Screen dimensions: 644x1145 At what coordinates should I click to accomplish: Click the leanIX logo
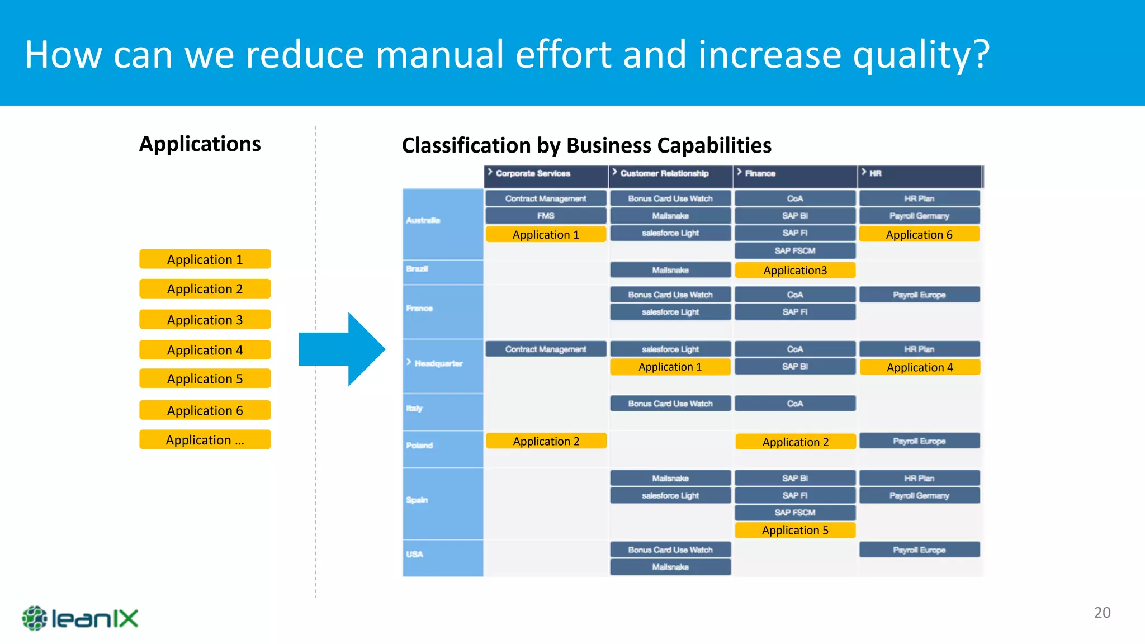80,618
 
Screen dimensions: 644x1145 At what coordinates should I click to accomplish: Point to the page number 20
1102,613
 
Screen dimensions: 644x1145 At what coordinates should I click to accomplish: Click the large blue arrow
342,349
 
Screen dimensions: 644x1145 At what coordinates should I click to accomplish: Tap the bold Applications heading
200,144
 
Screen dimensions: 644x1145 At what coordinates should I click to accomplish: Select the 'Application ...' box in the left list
205,440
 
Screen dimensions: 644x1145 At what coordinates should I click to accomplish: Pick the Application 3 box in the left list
205,320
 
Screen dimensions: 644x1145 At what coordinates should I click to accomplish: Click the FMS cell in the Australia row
546,216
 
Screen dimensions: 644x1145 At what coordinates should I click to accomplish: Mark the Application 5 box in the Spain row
795,530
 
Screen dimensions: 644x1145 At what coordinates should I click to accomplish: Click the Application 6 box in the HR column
919,235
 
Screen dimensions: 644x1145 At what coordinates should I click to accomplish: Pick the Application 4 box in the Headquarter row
920,367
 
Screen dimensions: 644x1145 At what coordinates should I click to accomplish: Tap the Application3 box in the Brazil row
795,271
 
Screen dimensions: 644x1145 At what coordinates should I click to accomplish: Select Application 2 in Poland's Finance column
795,442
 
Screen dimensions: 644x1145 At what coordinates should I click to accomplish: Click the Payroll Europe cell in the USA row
919,550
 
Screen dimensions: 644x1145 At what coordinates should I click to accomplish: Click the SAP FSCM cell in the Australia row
795,251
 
